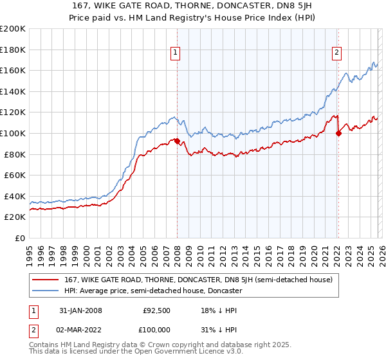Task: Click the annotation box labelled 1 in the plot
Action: pos(176,53)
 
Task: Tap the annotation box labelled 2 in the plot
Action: pos(336,53)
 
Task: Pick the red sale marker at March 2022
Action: pos(338,133)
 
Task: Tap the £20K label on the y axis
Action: pos(15,217)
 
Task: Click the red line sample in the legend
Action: pos(46,280)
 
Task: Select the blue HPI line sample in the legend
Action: pos(46,291)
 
